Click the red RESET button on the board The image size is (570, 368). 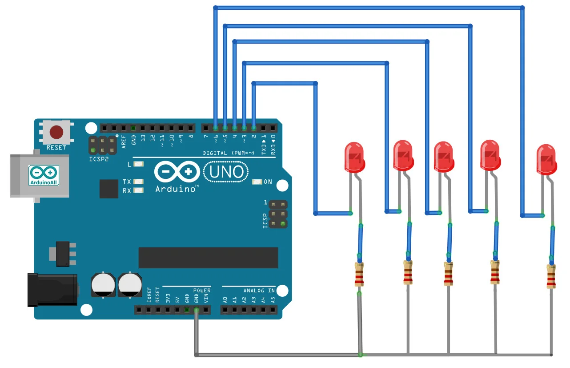pyautogui.click(x=56, y=132)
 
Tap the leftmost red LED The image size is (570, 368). pyautogui.click(x=355, y=157)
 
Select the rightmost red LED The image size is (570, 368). pyautogui.click(x=546, y=158)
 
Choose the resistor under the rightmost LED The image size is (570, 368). pyautogui.click(x=551, y=276)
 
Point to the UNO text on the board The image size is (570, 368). pyautogui.click(x=226, y=172)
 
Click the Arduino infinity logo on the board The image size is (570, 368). pyautogui.click(x=177, y=172)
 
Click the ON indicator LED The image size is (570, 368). pyautogui.click(x=257, y=182)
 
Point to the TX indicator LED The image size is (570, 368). pyautogui.click(x=139, y=182)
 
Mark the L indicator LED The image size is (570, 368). pyautogui.click(x=139, y=164)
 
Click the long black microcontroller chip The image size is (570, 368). pyautogui.click(x=208, y=258)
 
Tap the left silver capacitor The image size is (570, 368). pyautogui.click(x=103, y=285)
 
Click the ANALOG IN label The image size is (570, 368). pyautogui.click(x=259, y=291)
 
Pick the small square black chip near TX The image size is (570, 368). pyautogui.click(x=109, y=189)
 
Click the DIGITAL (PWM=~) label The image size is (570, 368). pyautogui.click(x=229, y=153)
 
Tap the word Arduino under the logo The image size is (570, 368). pyautogui.click(x=175, y=189)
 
